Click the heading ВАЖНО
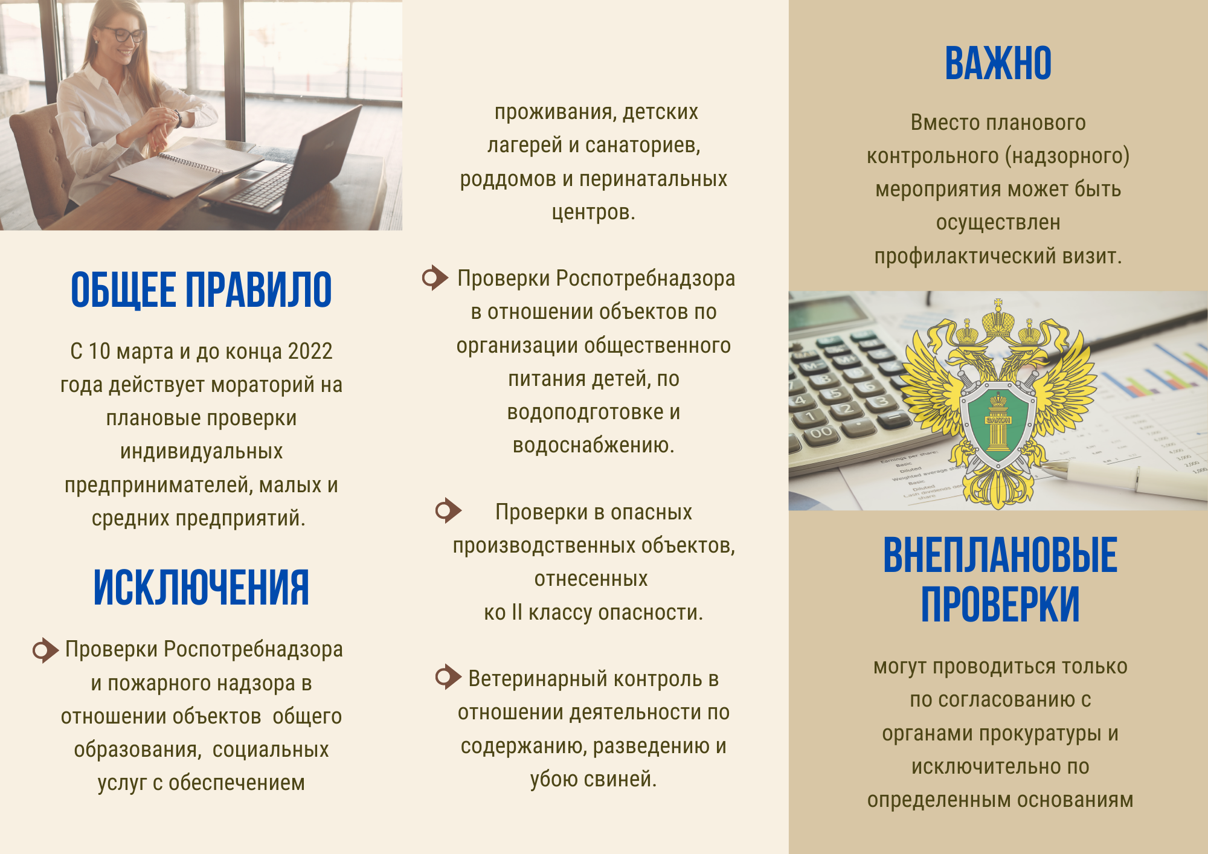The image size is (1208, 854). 998,63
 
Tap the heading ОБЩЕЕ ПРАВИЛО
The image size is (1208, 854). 201,290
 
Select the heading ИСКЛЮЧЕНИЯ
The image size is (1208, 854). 201,587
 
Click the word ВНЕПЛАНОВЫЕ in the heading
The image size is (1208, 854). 1000,555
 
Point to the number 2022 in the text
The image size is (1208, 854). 310,352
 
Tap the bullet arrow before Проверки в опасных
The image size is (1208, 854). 448,511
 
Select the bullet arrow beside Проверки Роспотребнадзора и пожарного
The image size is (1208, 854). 45,650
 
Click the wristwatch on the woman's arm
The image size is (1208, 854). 178,118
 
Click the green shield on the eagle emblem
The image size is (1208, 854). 998,423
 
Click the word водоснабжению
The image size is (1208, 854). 593,446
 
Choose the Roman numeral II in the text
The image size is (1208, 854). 516,612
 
